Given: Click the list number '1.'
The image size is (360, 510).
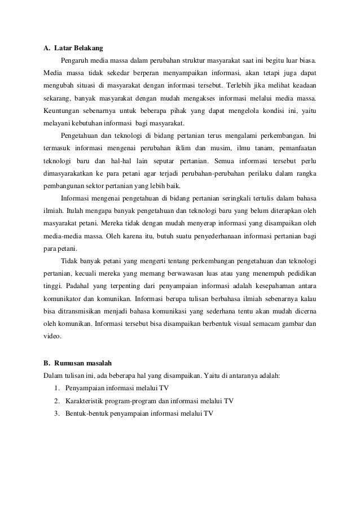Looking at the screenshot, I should click(59, 388).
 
